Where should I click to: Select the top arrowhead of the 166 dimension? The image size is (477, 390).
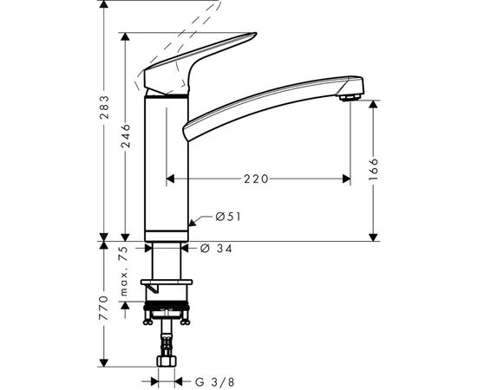tap(375, 103)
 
